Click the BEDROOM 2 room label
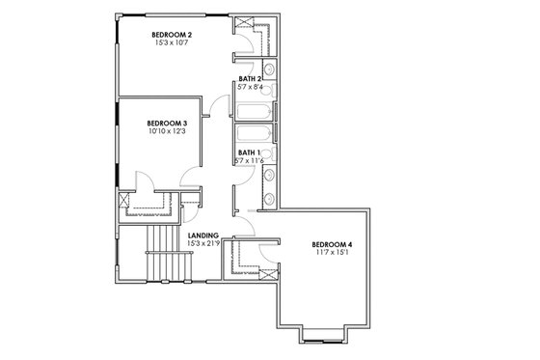click(x=172, y=34)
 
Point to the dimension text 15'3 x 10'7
click(x=172, y=42)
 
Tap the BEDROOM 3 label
click(x=166, y=123)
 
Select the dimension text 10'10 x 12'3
click(x=166, y=131)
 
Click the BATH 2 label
click(x=251, y=78)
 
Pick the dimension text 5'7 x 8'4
click(x=251, y=87)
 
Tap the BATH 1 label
click(x=250, y=152)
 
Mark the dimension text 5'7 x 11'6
click(x=251, y=161)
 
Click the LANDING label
click(x=203, y=235)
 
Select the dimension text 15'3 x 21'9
click(x=203, y=243)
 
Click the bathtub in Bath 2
click(x=253, y=104)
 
